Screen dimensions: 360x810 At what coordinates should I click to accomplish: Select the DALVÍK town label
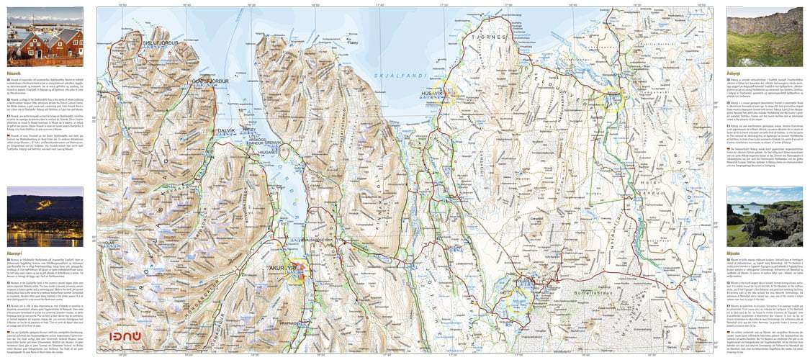[228, 130]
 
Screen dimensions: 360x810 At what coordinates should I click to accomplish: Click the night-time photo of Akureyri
[45, 217]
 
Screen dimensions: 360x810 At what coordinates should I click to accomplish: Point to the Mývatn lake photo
[764, 217]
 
